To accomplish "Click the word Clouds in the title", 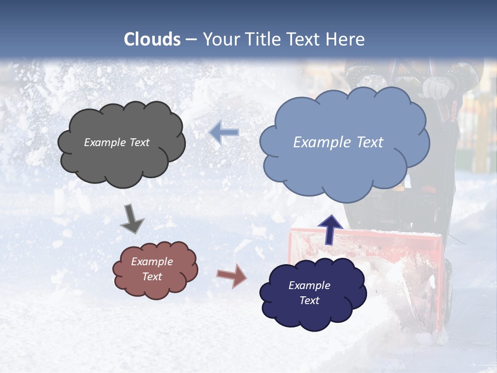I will (152, 39).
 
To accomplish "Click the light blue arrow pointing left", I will (225, 133).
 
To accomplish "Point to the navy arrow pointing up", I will (330, 229).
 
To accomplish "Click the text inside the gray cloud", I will (116, 142).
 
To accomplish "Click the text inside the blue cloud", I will (338, 142).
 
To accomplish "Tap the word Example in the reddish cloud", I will (152, 262).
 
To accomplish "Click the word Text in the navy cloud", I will (309, 300).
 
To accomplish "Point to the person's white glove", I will (436, 88).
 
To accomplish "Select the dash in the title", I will (191, 40).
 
